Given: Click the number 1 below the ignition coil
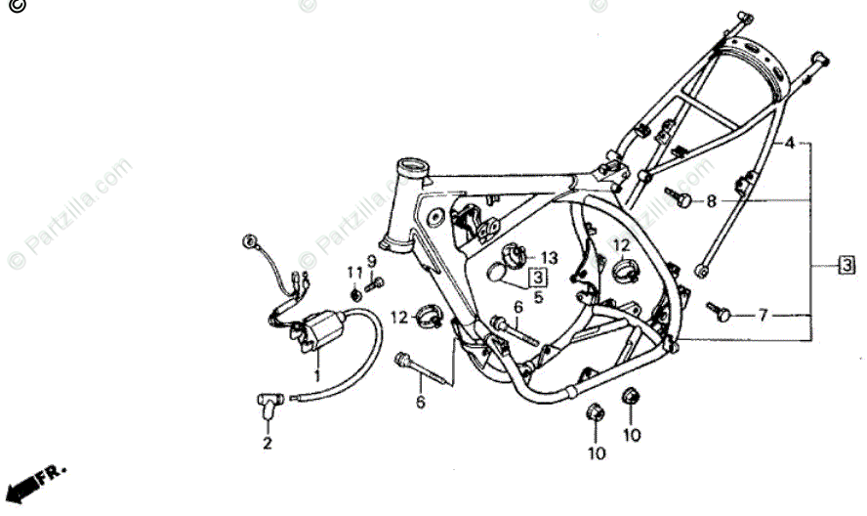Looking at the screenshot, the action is [x=316, y=374].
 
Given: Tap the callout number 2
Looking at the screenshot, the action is [x=266, y=443].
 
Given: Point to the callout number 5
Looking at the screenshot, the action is [x=538, y=296].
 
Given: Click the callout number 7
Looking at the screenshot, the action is [x=764, y=315].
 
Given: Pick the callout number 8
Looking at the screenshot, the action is [x=711, y=201].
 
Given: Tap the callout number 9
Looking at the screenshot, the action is [x=371, y=261].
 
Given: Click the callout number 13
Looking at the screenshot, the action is [x=549, y=258].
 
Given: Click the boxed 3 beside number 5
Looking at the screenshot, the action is [x=537, y=278].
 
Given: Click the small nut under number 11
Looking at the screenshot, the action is [x=356, y=293].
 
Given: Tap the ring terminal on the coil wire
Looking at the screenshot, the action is [x=249, y=240].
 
